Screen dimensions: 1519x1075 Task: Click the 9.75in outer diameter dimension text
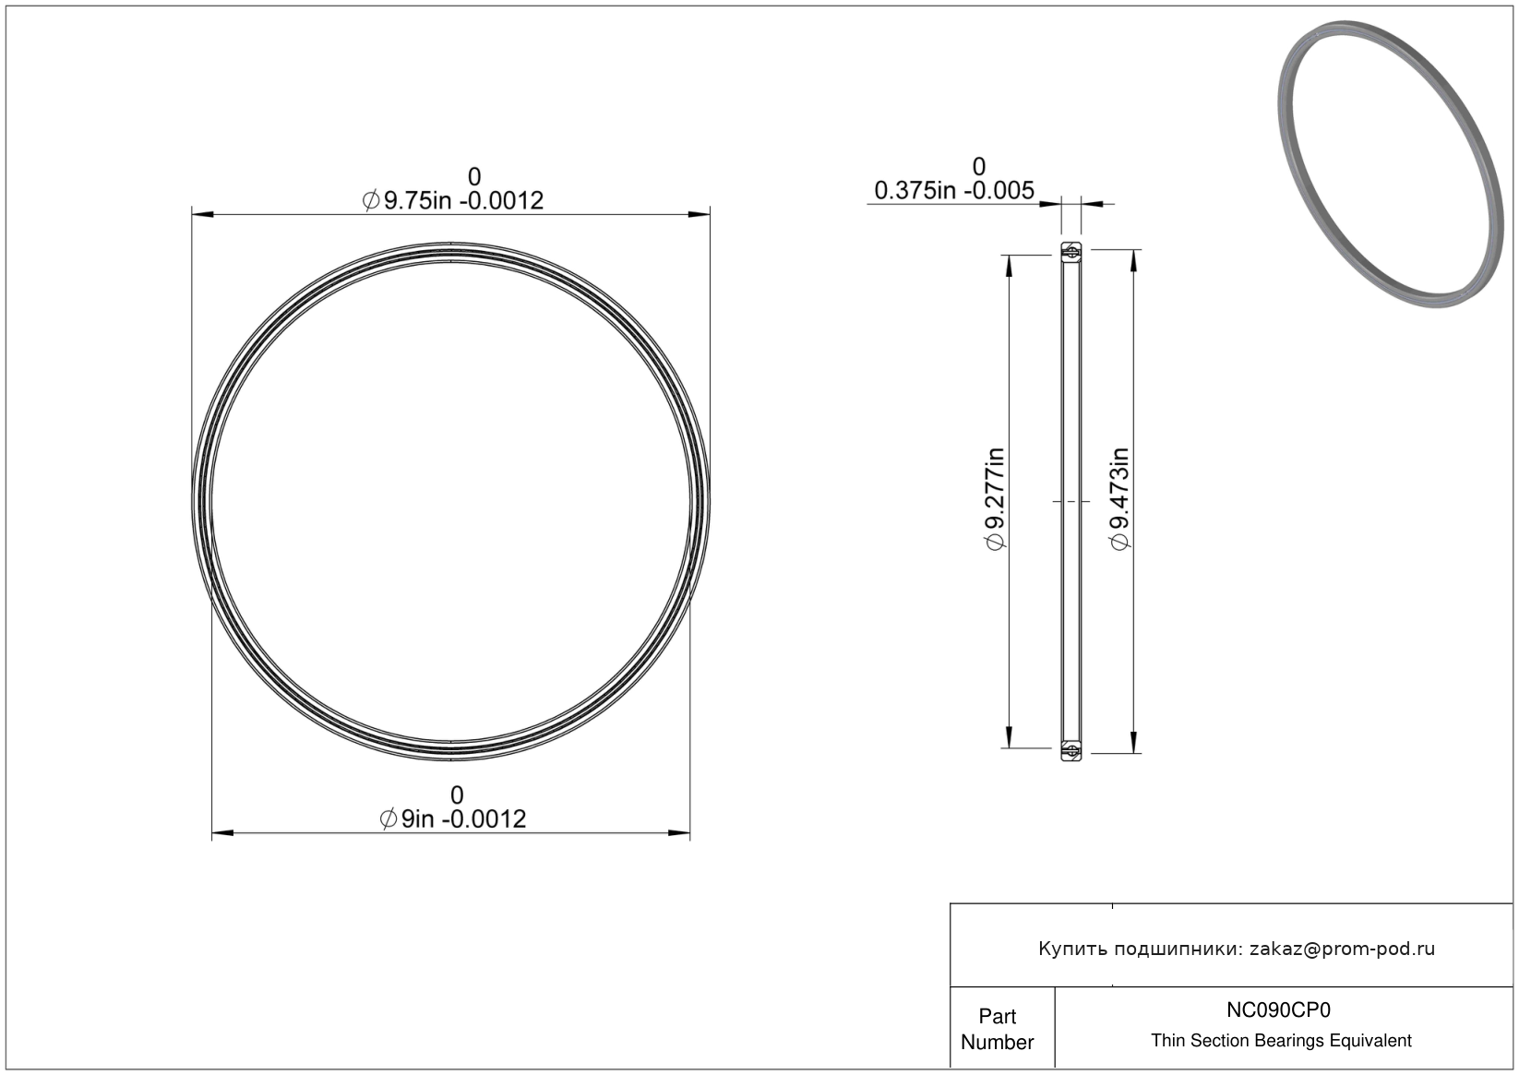[x=452, y=201]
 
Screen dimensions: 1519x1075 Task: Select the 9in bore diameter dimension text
[x=452, y=819]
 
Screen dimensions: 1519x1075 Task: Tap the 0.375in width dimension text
[x=954, y=191]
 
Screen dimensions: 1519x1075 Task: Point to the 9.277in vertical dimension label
[x=995, y=499]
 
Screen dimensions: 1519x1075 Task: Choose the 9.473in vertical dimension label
[x=1119, y=499]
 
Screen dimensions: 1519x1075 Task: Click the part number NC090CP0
[x=1278, y=1009]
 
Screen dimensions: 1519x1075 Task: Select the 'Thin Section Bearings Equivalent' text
[x=1281, y=1041]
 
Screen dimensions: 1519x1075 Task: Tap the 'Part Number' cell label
[x=997, y=1029]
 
